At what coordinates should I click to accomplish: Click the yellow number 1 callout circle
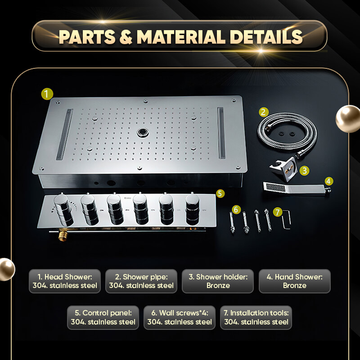click(47, 94)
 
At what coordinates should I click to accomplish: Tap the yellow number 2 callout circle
click(263, 112)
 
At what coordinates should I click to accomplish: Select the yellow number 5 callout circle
click(220, 193)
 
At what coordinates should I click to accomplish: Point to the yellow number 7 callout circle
click(278, 211)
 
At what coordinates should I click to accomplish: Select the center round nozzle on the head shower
click(143, 133)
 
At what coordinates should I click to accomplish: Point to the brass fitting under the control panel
click(63, 234)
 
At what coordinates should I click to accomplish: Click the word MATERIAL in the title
click(181, 37)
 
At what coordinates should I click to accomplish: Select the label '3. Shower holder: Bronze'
click(218, 281)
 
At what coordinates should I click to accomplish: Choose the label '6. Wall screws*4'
click(180, 313)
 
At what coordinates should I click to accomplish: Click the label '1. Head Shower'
click(65, 277)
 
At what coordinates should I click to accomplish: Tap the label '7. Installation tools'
click(256, 313)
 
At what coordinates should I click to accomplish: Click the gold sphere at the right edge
click(348, 118)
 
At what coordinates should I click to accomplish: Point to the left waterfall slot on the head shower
click(64, 134)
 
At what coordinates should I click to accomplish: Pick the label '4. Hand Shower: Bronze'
click(295, 281)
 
